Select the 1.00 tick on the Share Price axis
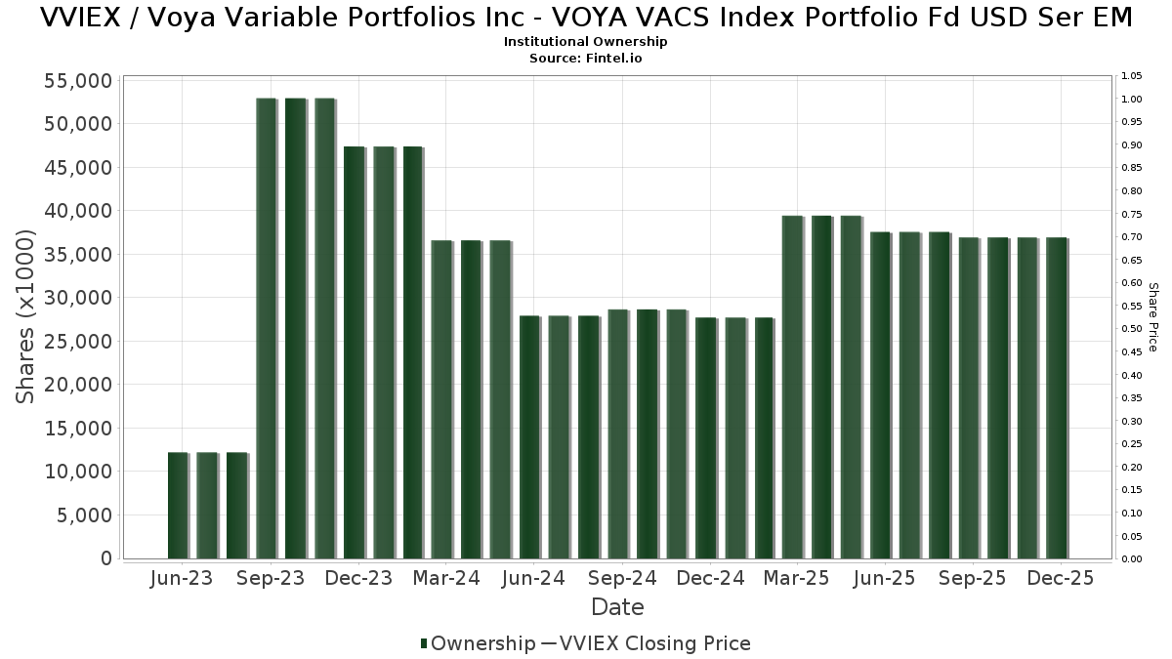[x=1132, y=100]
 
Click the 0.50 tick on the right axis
[x=1132, y=329]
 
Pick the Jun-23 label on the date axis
[x=182, y=579]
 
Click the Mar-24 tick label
[x=446, y=579]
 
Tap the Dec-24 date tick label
[x=711, y=579]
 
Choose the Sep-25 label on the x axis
[x=973, y=579]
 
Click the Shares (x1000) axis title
[x=26, y=316]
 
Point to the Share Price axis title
[x=1152, y=316]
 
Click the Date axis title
[x=617, y=607]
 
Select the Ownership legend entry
[x=478, y=643]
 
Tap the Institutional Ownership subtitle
[x=586, y=42]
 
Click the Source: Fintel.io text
[x=586, y=58]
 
